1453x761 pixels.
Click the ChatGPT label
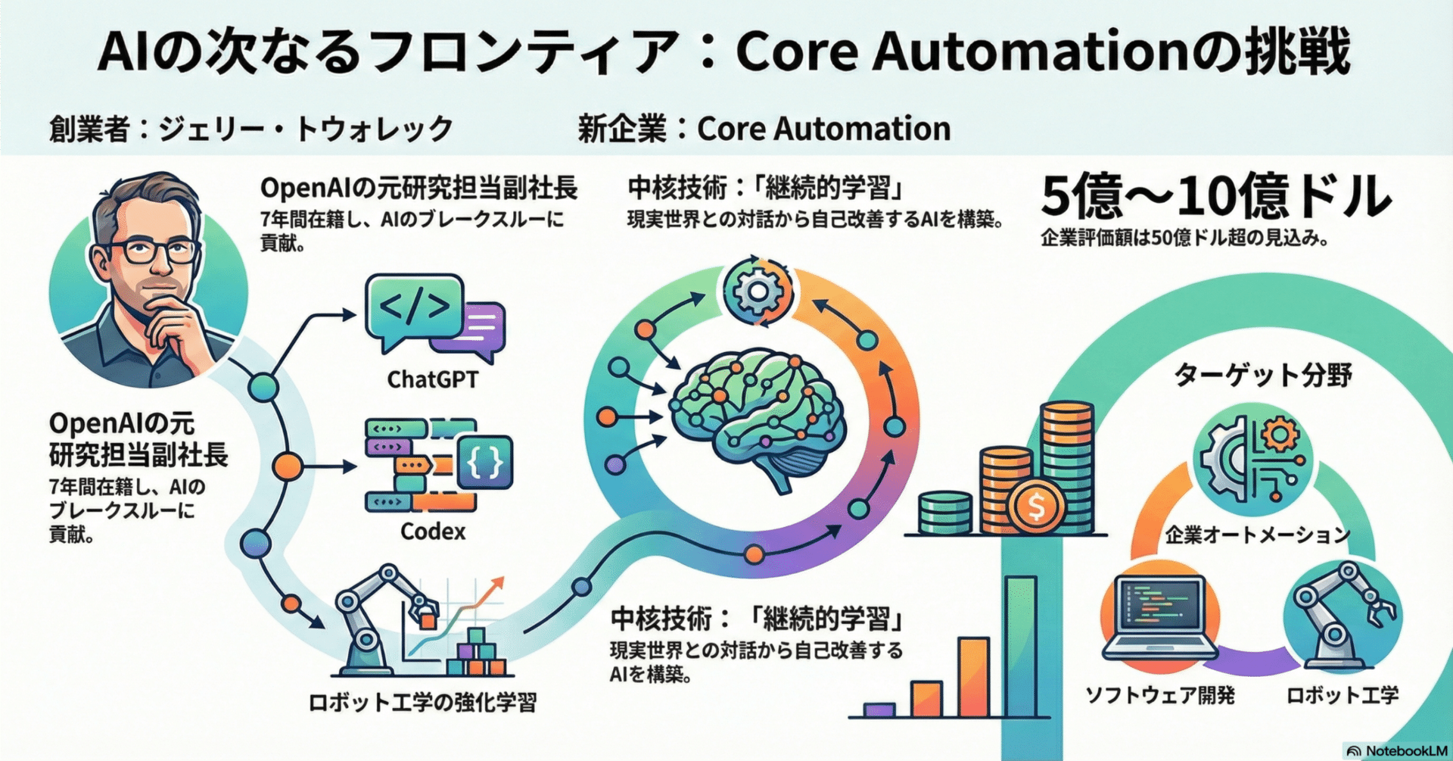432,379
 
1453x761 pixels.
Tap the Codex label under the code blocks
432,531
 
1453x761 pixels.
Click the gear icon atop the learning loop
758,292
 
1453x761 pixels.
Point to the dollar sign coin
1037,506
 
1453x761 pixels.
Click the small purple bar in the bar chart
879,710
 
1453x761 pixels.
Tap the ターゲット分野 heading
1262,375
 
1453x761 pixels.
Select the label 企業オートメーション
1257,535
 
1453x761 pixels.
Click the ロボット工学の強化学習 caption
422,702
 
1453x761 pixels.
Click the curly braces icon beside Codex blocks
485,461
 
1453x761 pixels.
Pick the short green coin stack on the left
945,513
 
